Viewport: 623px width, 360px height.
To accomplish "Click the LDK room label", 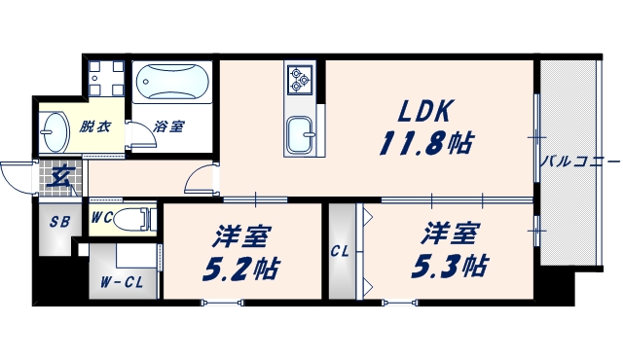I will (422, 110).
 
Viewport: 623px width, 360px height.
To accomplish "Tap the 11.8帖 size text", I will (426, 143).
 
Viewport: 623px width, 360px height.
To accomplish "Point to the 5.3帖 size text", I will (450, 265).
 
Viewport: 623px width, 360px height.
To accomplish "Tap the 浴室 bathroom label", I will (170, 126).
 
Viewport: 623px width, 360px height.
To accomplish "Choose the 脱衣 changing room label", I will (95, 126).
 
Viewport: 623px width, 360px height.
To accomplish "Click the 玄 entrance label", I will (60, 178).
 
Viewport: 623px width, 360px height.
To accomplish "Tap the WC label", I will (101, 218).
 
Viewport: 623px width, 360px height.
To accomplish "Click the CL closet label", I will (340, 251).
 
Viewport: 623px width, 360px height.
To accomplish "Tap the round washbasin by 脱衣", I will (54, 129).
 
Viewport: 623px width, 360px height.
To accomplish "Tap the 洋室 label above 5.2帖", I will (241, 235).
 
